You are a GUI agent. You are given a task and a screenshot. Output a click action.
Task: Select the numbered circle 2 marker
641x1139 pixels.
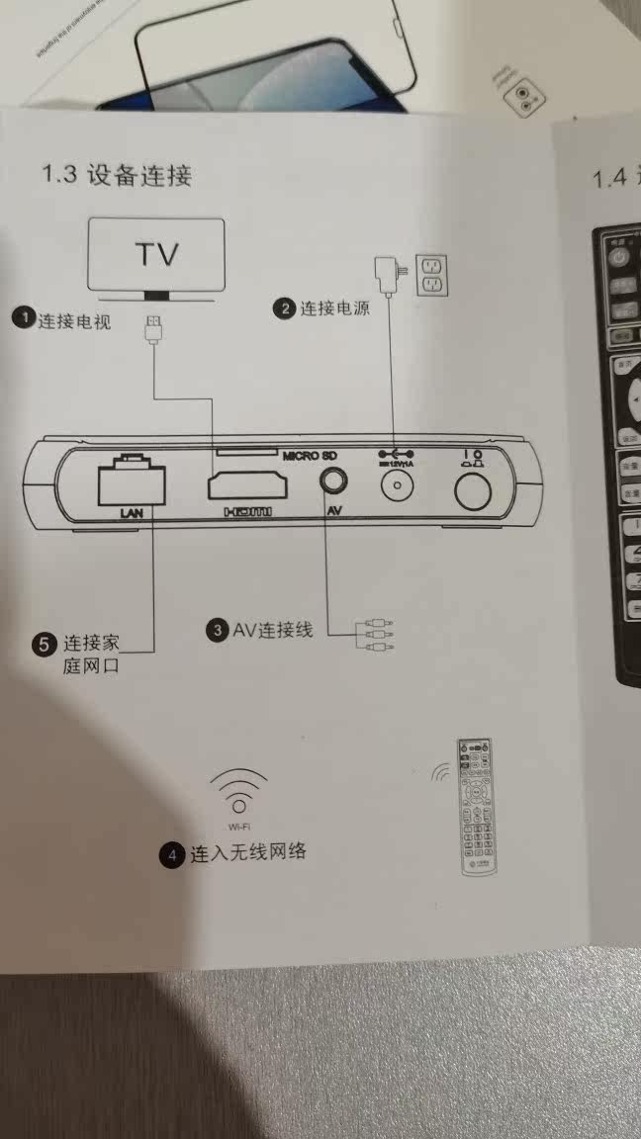point(285,308)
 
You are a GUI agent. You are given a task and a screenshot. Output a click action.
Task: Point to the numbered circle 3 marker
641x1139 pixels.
point(217,630)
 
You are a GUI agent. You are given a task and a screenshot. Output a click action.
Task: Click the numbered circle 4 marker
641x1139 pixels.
point(174,854)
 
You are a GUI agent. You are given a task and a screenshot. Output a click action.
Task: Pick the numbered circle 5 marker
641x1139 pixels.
point(46,645)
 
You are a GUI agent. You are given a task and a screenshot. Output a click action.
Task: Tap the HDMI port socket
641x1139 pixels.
point(246,486)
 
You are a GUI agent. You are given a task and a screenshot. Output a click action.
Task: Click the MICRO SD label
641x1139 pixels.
point(310,456)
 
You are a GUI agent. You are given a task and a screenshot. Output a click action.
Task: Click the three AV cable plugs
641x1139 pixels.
point(376,635)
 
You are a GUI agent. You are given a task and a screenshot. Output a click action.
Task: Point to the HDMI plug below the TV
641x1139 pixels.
point(153,330)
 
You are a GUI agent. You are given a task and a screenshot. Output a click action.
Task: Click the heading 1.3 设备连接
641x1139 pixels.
point(117,175)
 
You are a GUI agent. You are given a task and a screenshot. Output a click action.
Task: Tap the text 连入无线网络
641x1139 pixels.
point(247,852)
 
